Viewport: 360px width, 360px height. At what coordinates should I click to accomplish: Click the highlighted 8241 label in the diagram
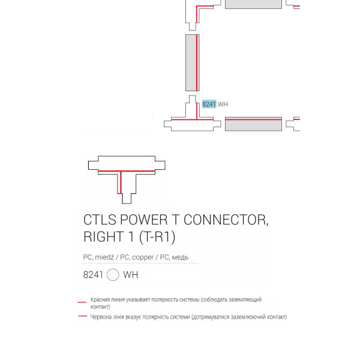click(209, 104)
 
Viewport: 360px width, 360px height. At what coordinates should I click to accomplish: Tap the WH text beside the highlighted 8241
click(223, 104)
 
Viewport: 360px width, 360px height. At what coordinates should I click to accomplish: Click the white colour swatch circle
click(113, 275)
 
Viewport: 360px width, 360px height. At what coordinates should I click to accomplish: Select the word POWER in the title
click(144, 220)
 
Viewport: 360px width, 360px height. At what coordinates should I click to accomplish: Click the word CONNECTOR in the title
click(226, 220)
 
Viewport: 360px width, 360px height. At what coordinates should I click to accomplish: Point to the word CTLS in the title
click(100, 220)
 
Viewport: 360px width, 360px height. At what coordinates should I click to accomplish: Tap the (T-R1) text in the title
click(157, 237)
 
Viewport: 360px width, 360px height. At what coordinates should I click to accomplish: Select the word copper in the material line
click(143, 257)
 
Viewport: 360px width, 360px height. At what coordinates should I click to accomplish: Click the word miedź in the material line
click(104, 257)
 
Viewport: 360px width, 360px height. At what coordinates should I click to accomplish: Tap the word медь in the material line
click(180, 257)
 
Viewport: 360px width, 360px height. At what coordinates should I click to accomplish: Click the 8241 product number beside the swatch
click(93, 275)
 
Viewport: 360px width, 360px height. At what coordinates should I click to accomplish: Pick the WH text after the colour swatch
click(130, 275)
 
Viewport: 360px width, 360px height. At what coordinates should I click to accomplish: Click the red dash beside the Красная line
click(82, 302)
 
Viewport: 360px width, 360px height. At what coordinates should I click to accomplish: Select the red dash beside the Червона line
click(82, 316)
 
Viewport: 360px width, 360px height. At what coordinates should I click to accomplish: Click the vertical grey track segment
click(193, 62)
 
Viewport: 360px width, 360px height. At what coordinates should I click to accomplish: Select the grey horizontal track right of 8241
click(253, 124)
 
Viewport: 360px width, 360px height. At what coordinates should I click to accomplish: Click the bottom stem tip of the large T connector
click(127, 203)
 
